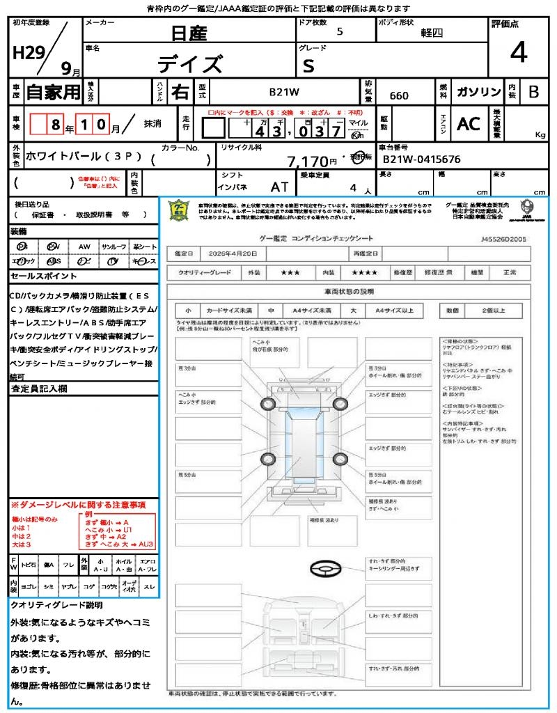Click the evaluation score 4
coord(518,53)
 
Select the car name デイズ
coord(190,64)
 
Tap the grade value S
coord(308,65)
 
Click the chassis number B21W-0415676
coord(421,159)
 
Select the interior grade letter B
coord(533,92)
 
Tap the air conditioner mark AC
coord(469,124)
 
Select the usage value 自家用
coord(53,92)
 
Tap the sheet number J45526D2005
coord(503,238)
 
